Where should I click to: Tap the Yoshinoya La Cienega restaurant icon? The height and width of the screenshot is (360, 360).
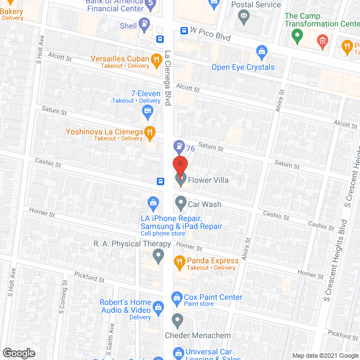(150, 133)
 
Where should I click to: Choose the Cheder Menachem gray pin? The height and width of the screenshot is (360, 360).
(178, 321)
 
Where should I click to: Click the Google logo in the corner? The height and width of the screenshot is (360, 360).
(18, 353)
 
